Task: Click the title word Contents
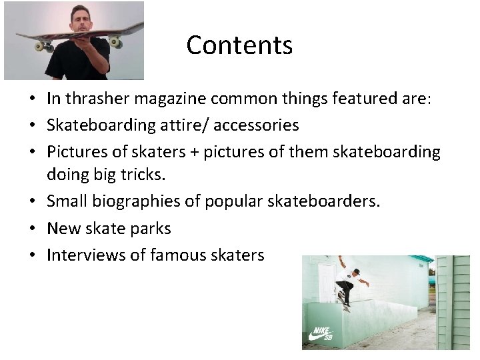tap(239, 45)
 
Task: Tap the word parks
tap(151, 229)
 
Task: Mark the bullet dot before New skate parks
tap(32, 229)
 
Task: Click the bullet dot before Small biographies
tap(32, 202)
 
